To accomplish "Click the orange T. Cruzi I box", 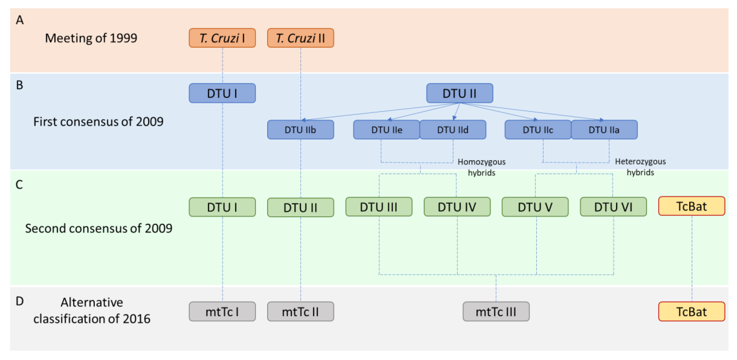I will point(222,38).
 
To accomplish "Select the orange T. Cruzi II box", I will point(300,38).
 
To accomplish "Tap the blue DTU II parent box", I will point(460,93).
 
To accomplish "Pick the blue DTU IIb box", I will point(300,130).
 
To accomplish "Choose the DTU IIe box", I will point(387,130).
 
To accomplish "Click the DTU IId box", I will point(453,130).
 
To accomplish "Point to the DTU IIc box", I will point(538,130).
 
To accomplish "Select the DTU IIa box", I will point(604,130).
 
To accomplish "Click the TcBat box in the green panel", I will point(691,206).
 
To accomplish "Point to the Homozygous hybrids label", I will point(481,167).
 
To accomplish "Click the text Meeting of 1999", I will point(91,38).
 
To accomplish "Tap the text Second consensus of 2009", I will point(99,228).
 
